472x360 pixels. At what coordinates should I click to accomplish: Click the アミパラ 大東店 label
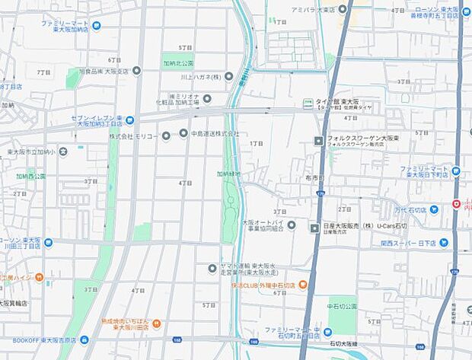click(313, 9)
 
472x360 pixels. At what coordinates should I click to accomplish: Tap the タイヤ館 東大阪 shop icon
click(308, 103)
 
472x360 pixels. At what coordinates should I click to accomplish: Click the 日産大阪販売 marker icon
click(314, 228)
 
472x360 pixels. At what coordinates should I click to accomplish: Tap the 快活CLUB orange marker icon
click(303, 285)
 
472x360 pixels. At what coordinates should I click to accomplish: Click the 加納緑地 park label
click(228, 174)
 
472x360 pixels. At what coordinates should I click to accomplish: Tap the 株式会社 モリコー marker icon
click(166, 135)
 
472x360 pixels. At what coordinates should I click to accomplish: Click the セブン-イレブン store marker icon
click(130, 119)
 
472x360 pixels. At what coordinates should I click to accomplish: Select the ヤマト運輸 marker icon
click(212, 267)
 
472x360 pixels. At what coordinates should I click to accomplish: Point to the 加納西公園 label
click(31, 176)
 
